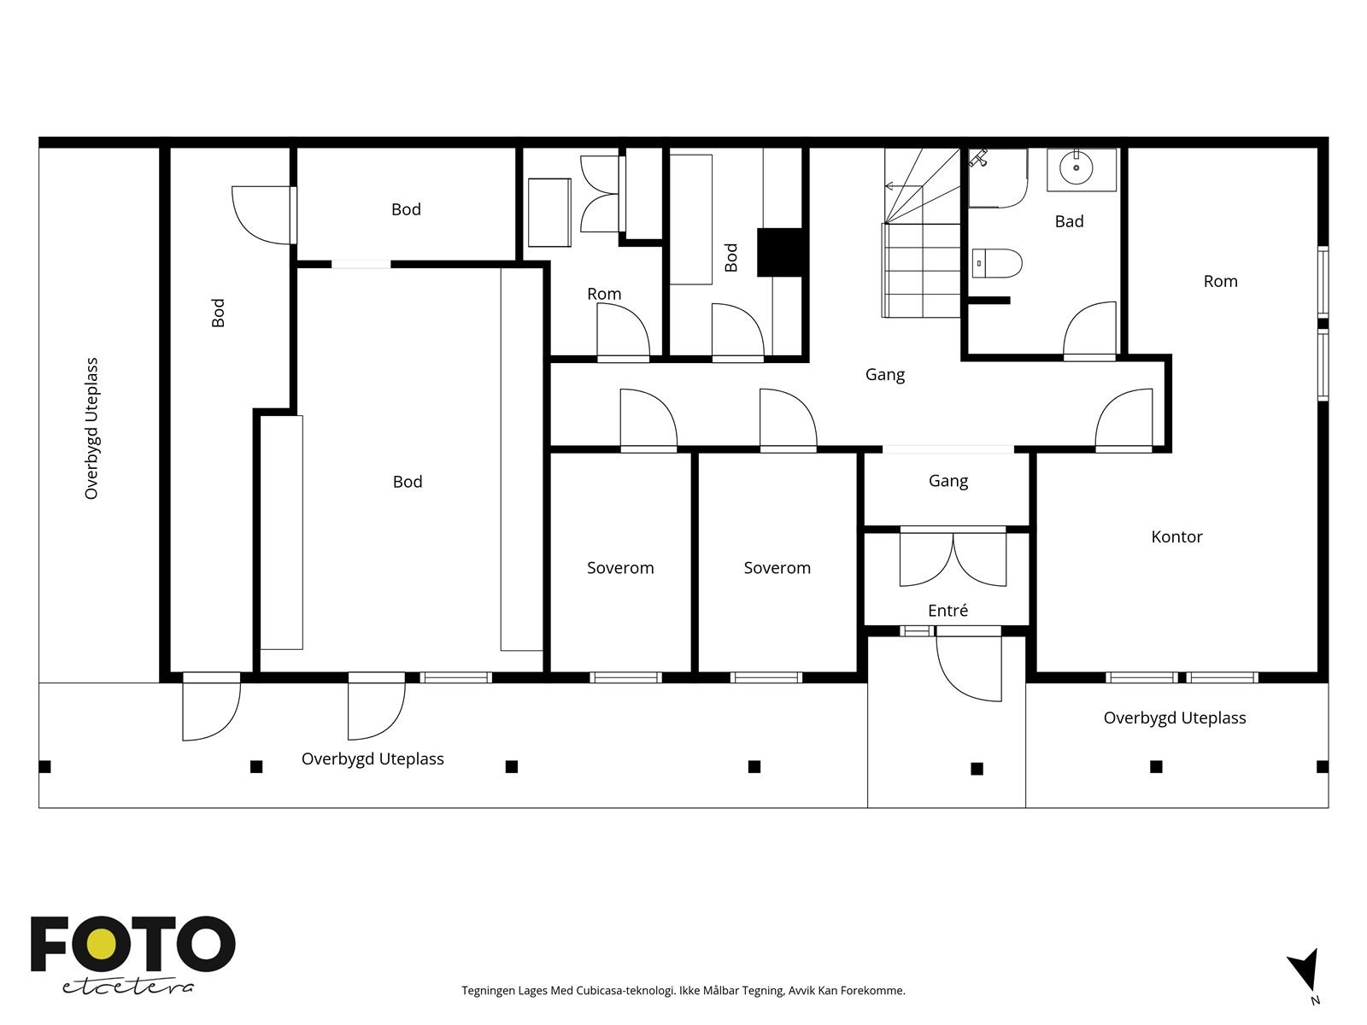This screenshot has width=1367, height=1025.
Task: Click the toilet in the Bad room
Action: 997,263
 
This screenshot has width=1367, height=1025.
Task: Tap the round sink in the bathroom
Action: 1077,167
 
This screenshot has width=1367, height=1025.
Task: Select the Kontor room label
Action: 1176,536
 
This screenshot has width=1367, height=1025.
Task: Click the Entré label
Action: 948,610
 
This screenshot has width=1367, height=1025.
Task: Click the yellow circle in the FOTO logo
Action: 103,945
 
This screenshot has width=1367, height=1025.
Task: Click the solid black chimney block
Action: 779,252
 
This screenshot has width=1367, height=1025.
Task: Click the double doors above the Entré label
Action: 953,558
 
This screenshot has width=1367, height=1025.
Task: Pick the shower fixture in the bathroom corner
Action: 979,158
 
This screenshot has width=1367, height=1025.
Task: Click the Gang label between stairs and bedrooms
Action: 885,375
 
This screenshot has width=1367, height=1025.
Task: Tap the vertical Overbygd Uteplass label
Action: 91,428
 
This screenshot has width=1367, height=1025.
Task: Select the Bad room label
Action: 1070,221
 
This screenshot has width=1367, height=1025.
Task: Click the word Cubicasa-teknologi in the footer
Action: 626,990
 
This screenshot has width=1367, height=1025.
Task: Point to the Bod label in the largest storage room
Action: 408,481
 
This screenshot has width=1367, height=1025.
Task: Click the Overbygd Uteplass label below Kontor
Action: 1175,718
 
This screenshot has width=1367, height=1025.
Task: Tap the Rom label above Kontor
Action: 1221,281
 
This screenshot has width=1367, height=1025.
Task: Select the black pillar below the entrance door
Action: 977,769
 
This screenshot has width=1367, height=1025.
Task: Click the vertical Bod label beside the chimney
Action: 731,257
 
